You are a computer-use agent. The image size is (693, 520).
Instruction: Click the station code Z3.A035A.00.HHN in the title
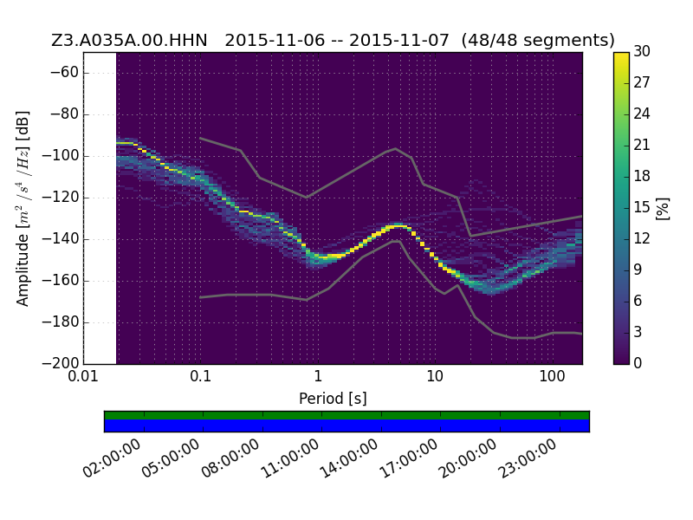[129, 40]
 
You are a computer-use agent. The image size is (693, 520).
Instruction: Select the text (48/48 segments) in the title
[538, 40]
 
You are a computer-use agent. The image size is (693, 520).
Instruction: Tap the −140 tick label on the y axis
[62, 239]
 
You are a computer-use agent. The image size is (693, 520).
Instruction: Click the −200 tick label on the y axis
[62, 363]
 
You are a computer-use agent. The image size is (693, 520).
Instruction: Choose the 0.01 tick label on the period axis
[83, 376]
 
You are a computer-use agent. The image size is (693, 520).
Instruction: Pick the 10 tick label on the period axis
[435, 376]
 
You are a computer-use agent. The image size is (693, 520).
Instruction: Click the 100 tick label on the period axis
[552, 376]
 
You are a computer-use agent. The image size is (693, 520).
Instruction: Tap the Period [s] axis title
[333, 399]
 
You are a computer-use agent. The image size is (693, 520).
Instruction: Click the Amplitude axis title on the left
[23, 208]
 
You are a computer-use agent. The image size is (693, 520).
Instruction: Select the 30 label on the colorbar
[642, 51]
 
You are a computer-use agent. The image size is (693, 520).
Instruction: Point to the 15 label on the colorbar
[642, 207]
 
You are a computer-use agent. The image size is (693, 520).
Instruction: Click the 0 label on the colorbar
[638, 363]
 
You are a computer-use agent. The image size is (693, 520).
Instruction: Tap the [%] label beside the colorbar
[663, 208]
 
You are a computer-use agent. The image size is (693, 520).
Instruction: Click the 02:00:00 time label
[112, 458]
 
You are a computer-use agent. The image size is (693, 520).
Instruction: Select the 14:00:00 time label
[349, 458]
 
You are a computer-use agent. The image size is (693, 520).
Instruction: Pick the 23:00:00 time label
[528, 458]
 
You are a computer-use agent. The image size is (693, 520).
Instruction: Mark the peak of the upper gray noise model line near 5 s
[396, 148]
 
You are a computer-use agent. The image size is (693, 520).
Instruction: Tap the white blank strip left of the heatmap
[100, 208]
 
